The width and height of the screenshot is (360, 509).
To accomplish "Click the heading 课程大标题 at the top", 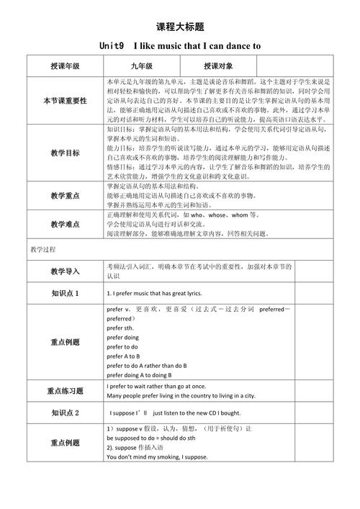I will point(180,27).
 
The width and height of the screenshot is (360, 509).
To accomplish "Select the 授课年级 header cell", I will point(65,66).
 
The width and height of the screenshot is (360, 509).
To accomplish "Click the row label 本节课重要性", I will point(65,100).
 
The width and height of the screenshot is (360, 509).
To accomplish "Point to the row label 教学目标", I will point(65,153).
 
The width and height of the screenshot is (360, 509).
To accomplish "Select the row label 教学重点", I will point(65,196).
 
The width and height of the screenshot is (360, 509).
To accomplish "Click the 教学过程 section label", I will point(43,249).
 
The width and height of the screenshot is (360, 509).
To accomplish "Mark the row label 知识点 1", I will point(65,294).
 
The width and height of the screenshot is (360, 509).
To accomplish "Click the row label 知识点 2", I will point(65,413).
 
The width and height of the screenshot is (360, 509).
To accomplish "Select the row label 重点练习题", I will point(65,391).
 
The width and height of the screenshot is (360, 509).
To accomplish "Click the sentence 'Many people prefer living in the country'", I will point(180,396).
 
